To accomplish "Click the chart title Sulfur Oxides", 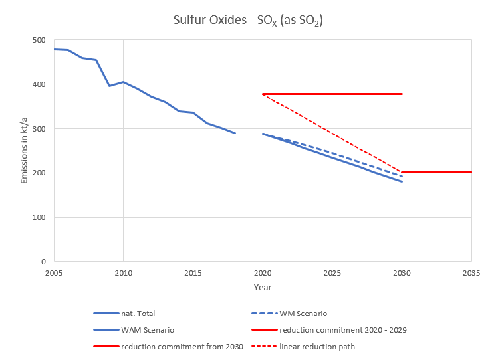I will point(247,20).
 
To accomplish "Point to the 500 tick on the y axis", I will point(39,40).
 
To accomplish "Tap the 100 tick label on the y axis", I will point(39,217).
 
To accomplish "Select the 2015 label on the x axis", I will point(193,273).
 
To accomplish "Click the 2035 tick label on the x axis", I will point(471,273).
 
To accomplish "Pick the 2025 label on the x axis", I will point(332,273).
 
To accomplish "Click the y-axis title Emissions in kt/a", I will point(24,151).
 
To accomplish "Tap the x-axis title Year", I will point(262,287).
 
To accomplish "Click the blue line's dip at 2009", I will point(110,86).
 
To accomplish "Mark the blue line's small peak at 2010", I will point(123,82).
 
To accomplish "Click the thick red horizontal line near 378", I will point(332,94).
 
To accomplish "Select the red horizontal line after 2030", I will point(437,172).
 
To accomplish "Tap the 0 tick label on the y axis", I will point(43,261).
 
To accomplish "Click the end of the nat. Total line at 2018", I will point(235,133).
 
